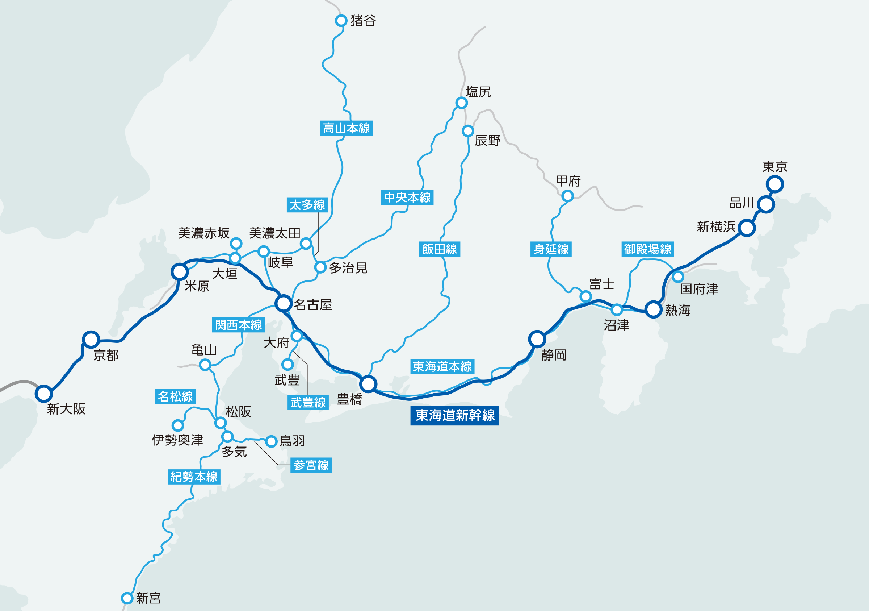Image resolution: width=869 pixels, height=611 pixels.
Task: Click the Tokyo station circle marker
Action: [774, 184]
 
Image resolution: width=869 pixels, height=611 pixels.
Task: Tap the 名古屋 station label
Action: [312, 304]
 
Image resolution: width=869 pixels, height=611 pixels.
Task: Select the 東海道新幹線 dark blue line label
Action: [454, 416]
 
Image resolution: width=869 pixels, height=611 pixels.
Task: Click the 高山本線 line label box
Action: [346, 128]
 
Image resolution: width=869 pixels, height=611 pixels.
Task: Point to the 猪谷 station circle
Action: [341, 20]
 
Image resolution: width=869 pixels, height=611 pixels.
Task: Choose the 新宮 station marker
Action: [127, 598]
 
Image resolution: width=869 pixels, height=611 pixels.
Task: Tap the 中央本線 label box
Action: [407, 198]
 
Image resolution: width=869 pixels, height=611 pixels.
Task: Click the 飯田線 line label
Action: [440, 249]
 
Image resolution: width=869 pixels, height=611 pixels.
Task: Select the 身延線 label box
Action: [551, 249]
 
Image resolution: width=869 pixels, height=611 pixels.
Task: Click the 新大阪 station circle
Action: [43, 394]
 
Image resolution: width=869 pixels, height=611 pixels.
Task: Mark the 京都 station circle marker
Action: [91, 340]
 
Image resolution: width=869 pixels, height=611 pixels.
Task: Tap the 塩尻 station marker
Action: [461, 103]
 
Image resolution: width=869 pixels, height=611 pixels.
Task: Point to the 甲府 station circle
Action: [567, 196]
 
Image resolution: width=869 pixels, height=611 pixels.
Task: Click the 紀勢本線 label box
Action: [194, 477]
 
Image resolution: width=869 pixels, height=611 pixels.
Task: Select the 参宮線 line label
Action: [311, 465]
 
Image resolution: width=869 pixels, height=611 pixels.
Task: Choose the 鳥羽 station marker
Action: [271, 441]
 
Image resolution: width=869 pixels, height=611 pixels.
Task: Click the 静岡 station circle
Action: [537, 339]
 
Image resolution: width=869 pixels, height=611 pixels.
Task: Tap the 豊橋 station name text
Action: [349, 399]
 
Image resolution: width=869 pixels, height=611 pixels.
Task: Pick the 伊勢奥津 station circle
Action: [177, 425]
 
